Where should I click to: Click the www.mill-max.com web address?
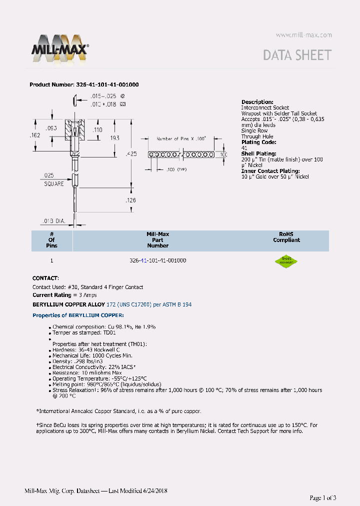[303, 35]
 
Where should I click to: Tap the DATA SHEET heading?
[297, 55]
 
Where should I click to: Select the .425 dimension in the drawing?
[131, 154]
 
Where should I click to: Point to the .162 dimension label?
[34, 135]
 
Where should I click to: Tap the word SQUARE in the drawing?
[53, 183]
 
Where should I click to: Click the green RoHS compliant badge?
[286, 261]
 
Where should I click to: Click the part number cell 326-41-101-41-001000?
[157, 261]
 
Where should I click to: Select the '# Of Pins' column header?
[51, 239]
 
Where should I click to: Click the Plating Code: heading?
[258, 142]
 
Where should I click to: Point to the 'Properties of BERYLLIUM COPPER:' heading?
[78, 315]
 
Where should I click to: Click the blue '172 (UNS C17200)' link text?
[129, 304]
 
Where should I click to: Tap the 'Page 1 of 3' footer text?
[322, 497]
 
